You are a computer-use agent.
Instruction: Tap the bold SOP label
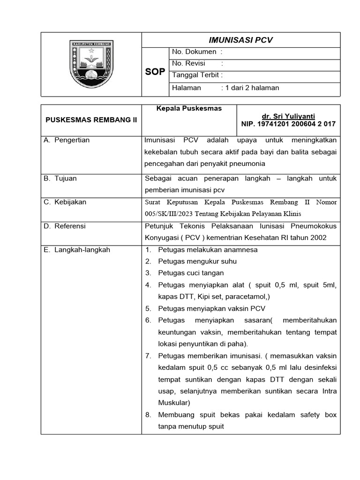click(x=156, y=72)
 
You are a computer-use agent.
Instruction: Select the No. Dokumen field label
click(x=194, y=52)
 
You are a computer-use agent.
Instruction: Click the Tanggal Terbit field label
click(x=197, y=75)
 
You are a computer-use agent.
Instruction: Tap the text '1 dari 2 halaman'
click(x=252, y=88)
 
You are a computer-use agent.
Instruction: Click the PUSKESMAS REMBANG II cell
click(x=91, y=120)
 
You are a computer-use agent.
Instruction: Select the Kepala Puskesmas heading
click(x=189, y=108)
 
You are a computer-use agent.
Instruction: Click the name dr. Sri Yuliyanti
click(x=288, y=116)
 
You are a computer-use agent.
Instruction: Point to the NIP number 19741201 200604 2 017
click(x=288, y=124)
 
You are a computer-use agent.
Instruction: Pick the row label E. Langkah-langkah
click(x=77, y=250)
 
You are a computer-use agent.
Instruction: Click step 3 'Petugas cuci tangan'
click(x=191, y=273)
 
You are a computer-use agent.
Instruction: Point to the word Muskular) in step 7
click(x=174, y=403)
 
